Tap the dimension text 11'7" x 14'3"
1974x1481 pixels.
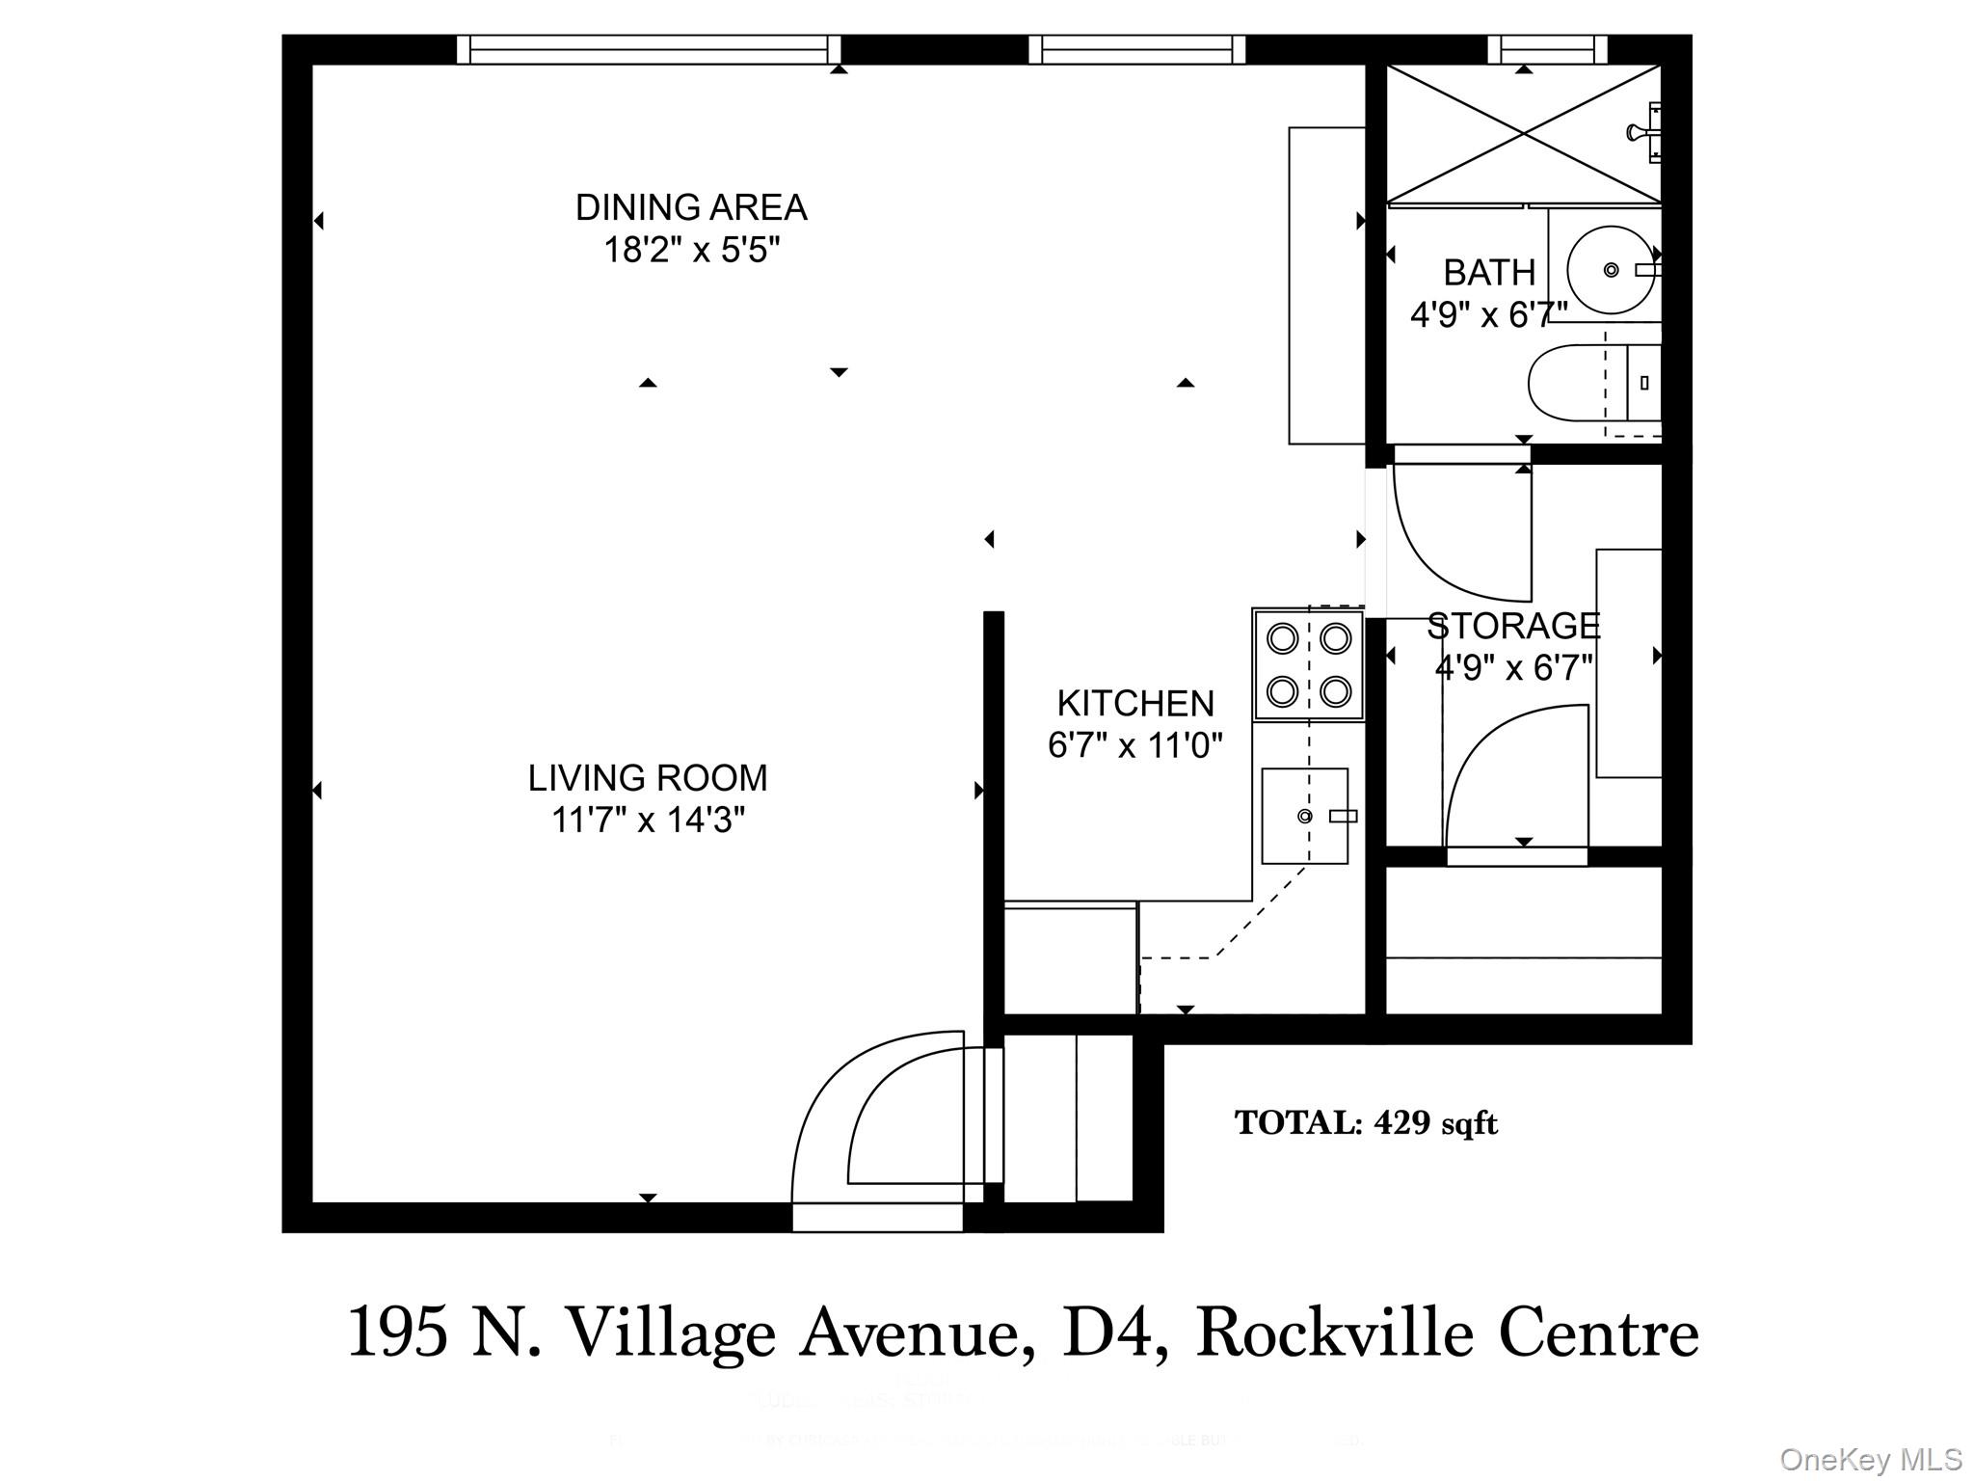click(648, 821)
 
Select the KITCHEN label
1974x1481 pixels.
click(1135, 704)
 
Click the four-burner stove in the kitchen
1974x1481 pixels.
click(1308, 664)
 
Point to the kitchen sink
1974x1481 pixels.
click(1304, 816)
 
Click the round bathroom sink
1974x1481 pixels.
click(1611, 270)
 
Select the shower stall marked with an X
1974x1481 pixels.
click(1523, 134)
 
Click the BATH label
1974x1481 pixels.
click(1488, 273)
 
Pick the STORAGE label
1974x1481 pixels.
click(1512, 626)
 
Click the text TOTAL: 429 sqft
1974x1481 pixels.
click(1366, 1123)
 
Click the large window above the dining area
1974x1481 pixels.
click(648, 49)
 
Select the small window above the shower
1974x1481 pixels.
click(1547, 49)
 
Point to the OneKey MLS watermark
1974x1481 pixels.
click(1870, 1459)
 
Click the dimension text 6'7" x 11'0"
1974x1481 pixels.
click(1134, 745)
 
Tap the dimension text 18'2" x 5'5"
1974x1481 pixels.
click(690, 251)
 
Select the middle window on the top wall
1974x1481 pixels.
click(1136, 49)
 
